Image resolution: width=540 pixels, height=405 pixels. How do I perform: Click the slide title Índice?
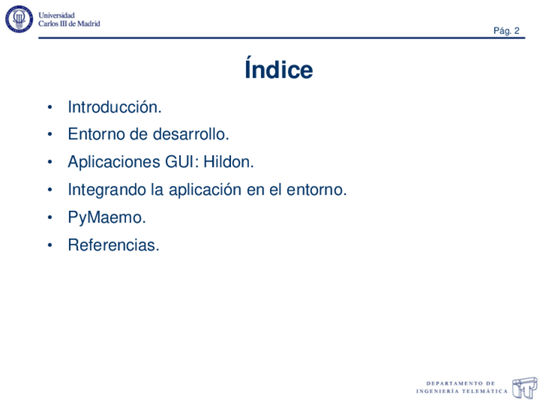coord(278,70)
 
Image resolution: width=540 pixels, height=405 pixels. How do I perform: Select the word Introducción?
coord(115,107)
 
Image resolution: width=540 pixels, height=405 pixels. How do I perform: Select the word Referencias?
coord(113,245)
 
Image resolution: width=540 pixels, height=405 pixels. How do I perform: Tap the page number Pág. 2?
coord(507,31)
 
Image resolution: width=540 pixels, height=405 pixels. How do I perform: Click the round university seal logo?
coord(20,20)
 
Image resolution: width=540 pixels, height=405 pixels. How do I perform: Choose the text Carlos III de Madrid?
coord(69,24)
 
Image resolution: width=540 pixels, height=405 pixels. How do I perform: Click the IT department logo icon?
coord(525,387)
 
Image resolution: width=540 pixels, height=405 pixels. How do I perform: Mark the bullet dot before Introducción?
coord(50,108)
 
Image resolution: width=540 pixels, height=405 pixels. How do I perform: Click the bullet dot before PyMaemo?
coord(50,218)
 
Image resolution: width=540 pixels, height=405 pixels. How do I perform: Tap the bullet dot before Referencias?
coord(50,246)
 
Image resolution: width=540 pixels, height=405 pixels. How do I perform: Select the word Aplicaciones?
coord(110,162)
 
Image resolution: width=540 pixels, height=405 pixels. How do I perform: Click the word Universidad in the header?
coord(57,15)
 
